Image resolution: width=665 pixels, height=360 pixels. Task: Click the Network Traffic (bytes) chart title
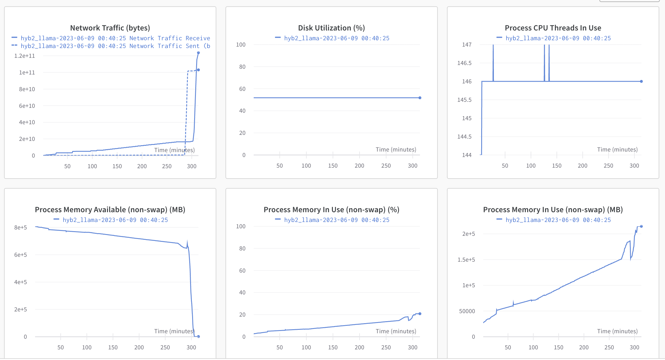[110, 28]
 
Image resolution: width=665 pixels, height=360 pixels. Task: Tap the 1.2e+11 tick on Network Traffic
[25, 56]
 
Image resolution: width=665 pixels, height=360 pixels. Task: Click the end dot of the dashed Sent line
[198, 70]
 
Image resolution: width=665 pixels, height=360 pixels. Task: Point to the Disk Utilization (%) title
[331, 28]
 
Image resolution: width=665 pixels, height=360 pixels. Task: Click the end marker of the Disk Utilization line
[420, 98]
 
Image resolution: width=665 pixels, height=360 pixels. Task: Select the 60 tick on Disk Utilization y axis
[242, 89]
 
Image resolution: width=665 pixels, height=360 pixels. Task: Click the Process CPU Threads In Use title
[553, 28]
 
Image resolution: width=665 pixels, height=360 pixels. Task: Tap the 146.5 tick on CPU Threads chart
[465, 63]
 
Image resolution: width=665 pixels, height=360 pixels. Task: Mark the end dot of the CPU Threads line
[641, 81]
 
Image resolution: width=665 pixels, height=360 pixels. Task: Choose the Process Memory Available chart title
[110, 210]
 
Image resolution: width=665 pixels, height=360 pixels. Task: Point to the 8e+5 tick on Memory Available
[21, 227]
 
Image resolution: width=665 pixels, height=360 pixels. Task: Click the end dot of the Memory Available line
[198, 336]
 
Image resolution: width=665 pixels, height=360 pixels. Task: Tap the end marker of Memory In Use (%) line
[420, 314]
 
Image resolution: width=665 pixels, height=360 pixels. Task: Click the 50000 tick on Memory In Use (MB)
[467, 311]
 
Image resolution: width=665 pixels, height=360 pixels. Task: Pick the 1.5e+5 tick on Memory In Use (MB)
[466, 260]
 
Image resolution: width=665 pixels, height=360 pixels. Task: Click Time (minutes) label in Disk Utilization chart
[396, 150]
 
